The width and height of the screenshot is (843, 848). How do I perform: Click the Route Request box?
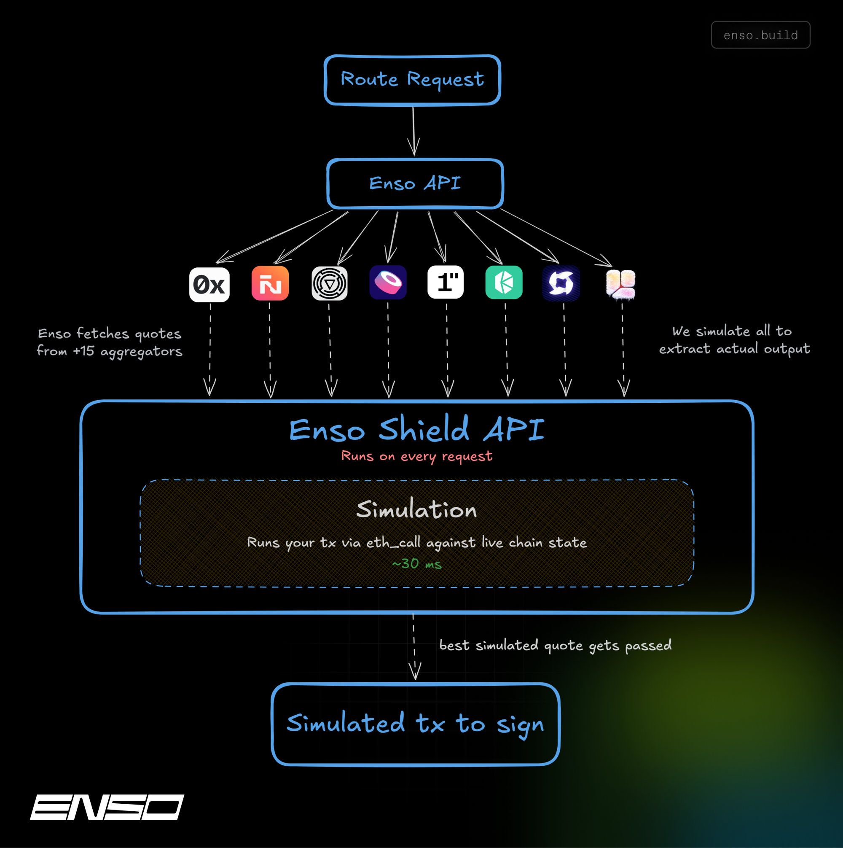point(412,80)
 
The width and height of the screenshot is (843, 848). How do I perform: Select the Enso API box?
point(415,183)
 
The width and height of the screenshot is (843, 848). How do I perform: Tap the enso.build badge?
point(760,35)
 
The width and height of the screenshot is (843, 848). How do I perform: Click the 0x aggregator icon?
point(209,284)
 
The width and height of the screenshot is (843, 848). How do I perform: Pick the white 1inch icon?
point(446,282)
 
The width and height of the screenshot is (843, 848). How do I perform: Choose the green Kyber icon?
point(504,282)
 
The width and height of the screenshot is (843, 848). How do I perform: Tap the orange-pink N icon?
point(270,283)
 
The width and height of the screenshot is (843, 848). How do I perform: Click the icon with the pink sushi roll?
point(388,282)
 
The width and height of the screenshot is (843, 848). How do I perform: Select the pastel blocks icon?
point(620,284)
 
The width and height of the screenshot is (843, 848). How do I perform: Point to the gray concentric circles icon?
point(330,283)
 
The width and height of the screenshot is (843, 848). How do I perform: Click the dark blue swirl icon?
point(561,283)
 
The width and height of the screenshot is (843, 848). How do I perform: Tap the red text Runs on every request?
point(416,456)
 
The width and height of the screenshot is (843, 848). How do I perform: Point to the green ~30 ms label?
point(416,564)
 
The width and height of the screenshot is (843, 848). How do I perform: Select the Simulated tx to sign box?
point(416,724)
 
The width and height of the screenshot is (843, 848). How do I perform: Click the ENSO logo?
point(107,807)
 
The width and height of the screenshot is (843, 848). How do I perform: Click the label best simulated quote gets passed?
point(555,645)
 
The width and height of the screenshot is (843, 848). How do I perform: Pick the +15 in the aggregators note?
point(83,351)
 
